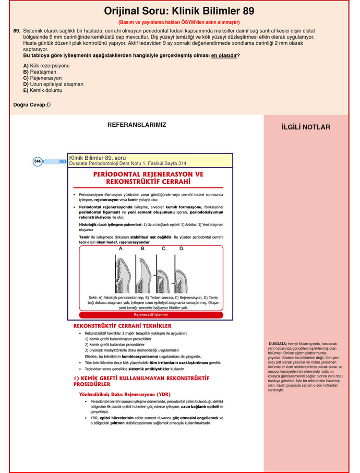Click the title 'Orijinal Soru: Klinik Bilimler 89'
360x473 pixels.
pyautogui.click(x=179, y=11)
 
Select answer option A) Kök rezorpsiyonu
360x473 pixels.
pyautogui.click(x=46, y=66)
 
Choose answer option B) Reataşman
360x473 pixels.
pyautogui.click(x=39, y=72)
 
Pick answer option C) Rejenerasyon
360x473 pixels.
pyautogui.click(x=42, y=78)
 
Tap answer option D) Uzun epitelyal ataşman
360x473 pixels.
pyautogui.click(x=53, y=84)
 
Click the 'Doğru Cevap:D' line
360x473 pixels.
pyautogui.click(x=32, y=105)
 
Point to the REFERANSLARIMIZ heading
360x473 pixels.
pyautogui.click(x=137, y=125)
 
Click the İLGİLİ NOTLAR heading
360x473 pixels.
pyautogui.click(x=306, y=127)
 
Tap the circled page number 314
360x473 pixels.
pyautogui.click(x=38, y=161)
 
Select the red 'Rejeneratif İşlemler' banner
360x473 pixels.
pyautogui.click(x=151, y=315)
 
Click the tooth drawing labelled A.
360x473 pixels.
pyautogui.click(x=121, y=274)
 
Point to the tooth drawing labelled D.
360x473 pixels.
pyautogui.click(x=181, y=274)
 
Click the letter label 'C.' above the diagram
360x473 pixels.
pyautogui.click(x=164, y=249)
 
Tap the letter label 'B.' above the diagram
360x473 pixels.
pyautogui.click(x=143, y=249)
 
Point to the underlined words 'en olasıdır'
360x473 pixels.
pyautogui.click(x=224, y=55)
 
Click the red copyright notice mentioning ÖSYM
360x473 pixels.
pyautogui.click(x=179, y=22)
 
